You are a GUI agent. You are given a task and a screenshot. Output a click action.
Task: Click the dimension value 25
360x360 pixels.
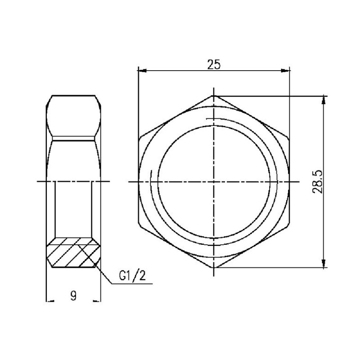coord(214,64)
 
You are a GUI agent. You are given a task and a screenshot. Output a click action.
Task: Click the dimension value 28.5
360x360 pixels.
coord(318,181)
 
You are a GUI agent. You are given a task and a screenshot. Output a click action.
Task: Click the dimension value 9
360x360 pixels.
coord(73,296)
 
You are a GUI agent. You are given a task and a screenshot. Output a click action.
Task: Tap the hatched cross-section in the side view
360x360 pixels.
coord(73,255)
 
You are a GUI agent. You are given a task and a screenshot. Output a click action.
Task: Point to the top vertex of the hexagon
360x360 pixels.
coord(214,95)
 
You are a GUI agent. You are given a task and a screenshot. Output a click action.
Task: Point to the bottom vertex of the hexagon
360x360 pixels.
coord(214,268)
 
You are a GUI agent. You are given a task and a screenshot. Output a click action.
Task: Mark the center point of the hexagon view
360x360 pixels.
coord(214,181)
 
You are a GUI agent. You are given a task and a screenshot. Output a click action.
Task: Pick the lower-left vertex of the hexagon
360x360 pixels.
coord(139,225)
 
